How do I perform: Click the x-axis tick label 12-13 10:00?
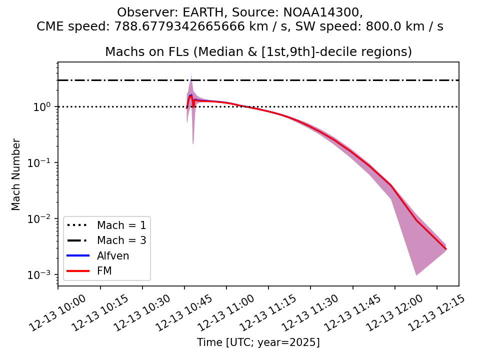click(52, 313)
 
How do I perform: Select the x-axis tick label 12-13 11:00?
click(220, 313)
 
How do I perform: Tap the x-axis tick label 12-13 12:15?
click(431, 313)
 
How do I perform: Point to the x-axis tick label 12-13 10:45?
click(178, 313)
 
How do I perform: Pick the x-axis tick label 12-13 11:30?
click(304, 313)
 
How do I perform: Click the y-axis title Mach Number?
click(16, 174)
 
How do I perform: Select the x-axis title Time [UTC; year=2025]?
click(258, 342)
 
